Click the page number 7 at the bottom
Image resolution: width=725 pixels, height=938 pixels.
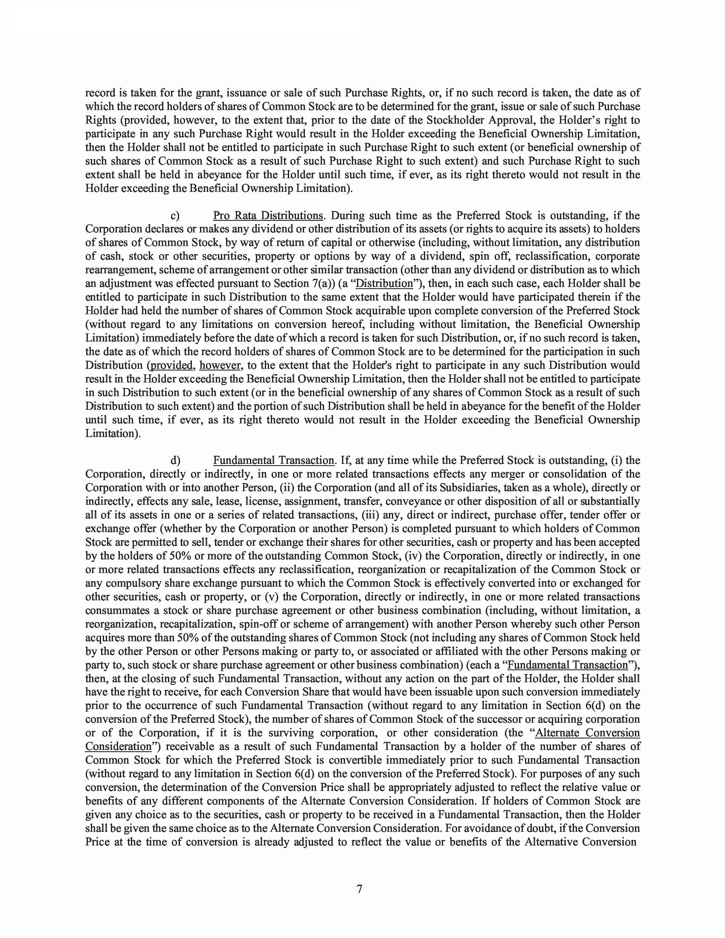(x=360, y=889)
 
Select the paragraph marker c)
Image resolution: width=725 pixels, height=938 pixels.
(x=175, y=215)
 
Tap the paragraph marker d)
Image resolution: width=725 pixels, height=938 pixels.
(x=175, y=460)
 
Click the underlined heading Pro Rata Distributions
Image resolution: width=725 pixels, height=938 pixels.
(x=268, y=215)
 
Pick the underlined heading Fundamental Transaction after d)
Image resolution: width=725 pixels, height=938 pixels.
(x=274, y=460)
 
